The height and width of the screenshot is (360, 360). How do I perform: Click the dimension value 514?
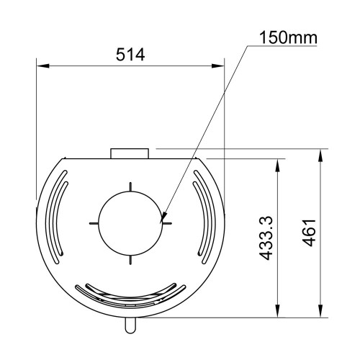[130, 55]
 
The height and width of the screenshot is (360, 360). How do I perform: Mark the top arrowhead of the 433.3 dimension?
[278, 163]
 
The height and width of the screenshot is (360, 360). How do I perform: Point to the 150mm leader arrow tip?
[163, 218]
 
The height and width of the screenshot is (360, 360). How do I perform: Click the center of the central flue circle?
[130, 223]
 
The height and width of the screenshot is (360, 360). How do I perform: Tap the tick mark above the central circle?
[130, 186]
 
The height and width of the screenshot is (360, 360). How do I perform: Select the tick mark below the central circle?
[130, 260]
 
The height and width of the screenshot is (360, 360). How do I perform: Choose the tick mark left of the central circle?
[93, 223]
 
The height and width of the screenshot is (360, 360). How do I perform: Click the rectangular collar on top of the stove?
[130, 153]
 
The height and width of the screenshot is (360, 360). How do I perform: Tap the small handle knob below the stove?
[130, 325]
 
